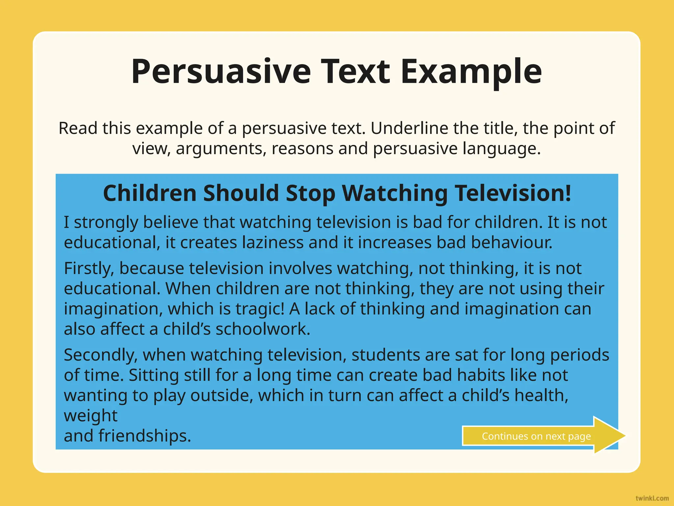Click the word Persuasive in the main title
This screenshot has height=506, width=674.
221,72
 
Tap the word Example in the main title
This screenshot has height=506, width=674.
471,72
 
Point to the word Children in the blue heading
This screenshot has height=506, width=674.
150,193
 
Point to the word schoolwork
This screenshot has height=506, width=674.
263,329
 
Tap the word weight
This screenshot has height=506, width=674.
91,416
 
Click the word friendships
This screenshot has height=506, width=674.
145,436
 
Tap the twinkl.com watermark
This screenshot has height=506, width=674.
652,498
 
